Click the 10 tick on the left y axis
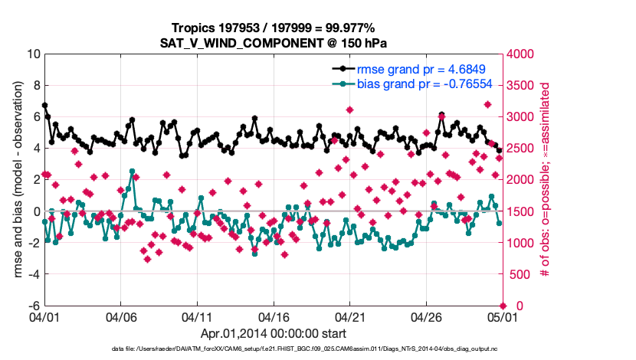click(x=33, y=54)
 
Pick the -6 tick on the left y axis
click(x=33, y=306)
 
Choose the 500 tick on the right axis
click(x=519, y=274)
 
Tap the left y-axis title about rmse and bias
click(x=16, y=179)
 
